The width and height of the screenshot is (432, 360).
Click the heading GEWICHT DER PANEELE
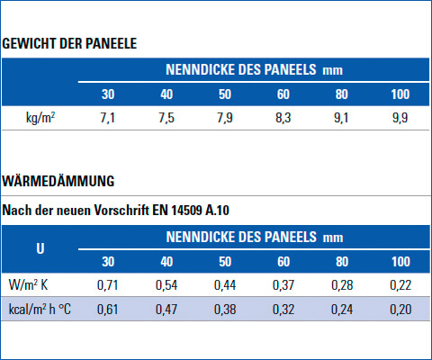coord(69,43)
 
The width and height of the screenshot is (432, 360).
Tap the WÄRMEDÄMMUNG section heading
coord(58,181)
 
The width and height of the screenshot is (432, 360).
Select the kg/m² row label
coord(40,117)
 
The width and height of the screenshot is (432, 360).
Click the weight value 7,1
coord(108,118)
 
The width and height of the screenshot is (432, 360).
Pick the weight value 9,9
coord(400,118)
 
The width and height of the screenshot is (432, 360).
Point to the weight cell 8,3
coord(283,118)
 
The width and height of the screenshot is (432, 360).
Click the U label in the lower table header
coord(40,248)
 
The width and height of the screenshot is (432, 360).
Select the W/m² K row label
coord(28,284)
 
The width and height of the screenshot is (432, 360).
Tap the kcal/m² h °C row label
coord(40,310)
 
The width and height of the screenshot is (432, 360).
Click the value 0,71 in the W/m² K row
coord(107,285)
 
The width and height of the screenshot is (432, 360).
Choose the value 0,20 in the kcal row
coord(400,310)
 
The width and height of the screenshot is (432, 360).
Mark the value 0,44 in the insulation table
coord(225,285)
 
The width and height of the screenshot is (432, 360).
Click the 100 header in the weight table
coord(400,94)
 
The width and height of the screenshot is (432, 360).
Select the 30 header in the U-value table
coord(108,262)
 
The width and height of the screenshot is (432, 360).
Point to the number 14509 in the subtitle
coord(186,211)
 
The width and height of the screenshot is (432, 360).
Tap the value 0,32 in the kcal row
coord(283,310)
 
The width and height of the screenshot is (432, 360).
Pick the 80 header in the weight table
coord(342,94)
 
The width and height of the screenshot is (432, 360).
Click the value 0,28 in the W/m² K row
coord(342,285)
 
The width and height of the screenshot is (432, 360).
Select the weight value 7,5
coord(166,118)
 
